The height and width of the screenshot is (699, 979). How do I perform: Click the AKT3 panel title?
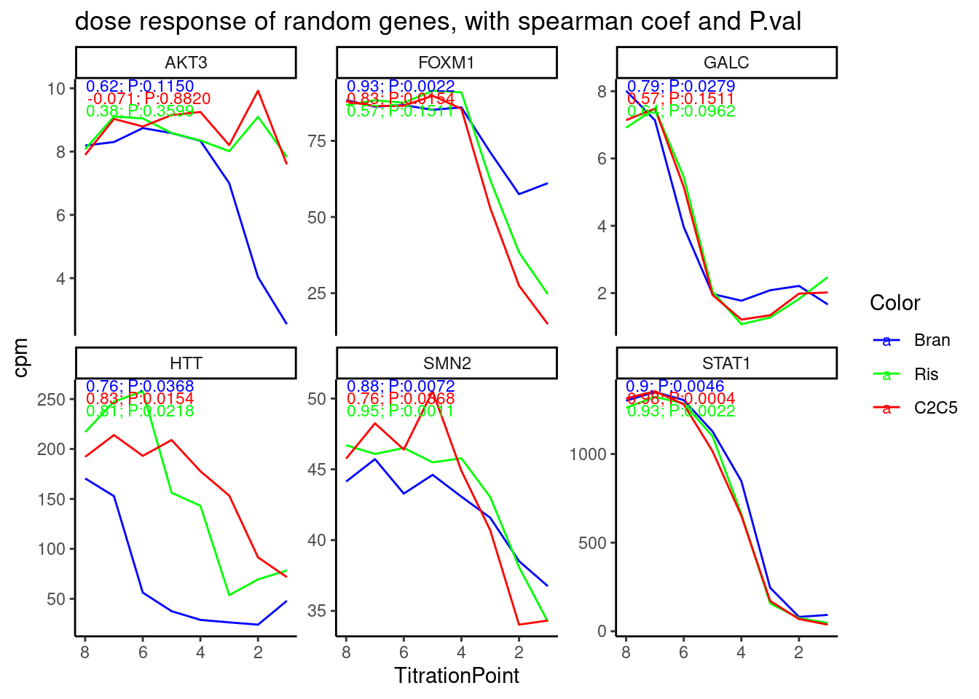pyautogui.click(x=186, y=63)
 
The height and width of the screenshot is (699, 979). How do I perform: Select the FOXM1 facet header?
pyautogui.click(x=447, y=63)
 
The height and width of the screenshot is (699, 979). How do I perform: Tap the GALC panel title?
pyautogui.click(x=726, y=63)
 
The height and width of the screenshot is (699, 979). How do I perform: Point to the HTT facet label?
pyautogui.click(x=186, y=363)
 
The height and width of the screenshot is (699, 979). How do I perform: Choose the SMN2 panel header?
pyautogui.click(x=447, y=363)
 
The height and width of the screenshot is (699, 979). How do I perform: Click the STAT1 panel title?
pyautogui.click(x=726, y=363)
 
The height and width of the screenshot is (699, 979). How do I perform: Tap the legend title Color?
pyautogui.click(x=895, y=303)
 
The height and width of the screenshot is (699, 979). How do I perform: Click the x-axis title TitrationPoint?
pyautogui.click(x=457, y=676)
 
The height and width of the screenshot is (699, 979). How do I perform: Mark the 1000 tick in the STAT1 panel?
pyautogui.click(x=587, y=454)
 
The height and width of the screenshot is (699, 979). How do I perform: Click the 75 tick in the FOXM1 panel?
pyautogui.click(x=316, y=141)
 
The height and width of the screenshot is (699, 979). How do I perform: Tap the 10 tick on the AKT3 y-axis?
pyautogui.click(x=56, y=89)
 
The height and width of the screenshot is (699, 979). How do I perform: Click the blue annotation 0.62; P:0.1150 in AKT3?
pyautogui.click(x=140, y=87)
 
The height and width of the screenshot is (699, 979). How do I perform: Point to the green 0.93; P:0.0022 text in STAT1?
pyautogui.click(x=681, y=411)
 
